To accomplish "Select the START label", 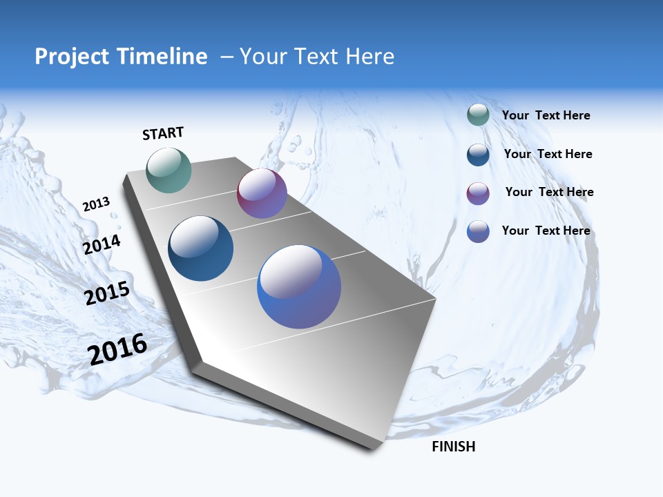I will point(163,133).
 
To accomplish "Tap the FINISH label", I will point(453,447).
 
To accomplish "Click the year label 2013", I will point(96,204).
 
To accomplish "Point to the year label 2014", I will point(102,244).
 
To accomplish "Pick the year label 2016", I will point(117,349).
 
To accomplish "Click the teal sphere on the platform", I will point(169,170).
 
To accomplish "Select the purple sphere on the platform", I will point(262,193).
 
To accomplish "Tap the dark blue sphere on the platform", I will point(201,248).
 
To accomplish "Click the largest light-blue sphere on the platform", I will point(299,286).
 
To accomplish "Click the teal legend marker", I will point(478,115).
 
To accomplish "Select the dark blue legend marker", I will point(478,155).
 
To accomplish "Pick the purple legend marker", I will point(478,193).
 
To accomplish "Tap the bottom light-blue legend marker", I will point(478,231).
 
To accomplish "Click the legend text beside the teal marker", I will point(546,115).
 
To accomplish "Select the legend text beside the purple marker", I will point(549,192).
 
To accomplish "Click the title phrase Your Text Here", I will point(317,57).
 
